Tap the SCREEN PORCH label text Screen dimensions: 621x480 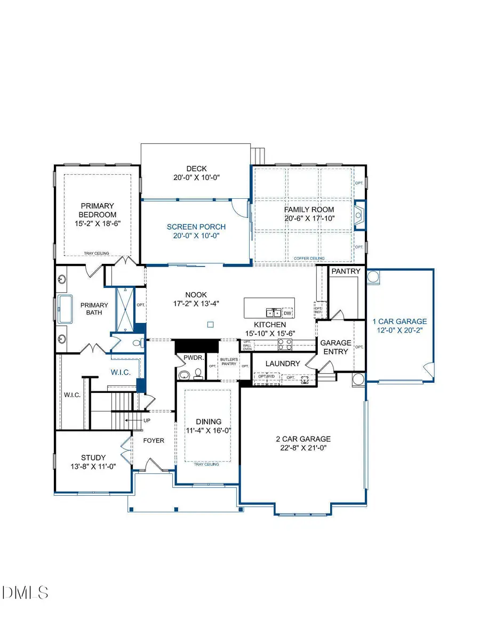[x=195, y=227]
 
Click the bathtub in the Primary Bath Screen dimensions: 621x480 [x=66, y=309]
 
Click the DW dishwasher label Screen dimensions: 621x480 [x=287, y=313]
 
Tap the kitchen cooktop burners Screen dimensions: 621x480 [x=285, y=345]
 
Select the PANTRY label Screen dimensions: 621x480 [x=346, y=271]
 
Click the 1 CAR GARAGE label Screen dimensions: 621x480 [x=399, y=321]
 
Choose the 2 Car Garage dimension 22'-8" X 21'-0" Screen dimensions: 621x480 [x=303, y=448]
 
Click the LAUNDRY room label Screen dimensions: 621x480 [x=283, y=364]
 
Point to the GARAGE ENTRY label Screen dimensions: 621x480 [x=335, y=347]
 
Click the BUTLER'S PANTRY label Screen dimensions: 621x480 [x=228, y=362]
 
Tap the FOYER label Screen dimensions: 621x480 [x=153, y=441]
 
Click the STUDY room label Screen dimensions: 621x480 [x=93, y=457]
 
